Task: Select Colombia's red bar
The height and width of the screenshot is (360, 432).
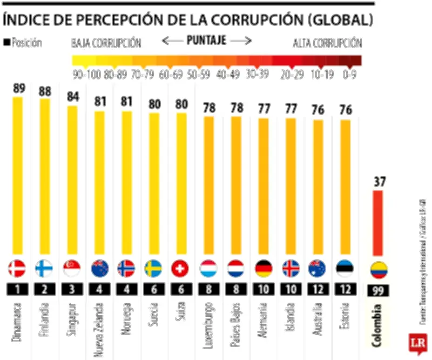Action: tap(377, 222)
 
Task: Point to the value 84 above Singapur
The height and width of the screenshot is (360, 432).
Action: tap(72, 98)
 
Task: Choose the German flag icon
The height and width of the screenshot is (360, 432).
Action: tap(264, 268)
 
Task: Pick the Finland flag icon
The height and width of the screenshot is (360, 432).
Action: tap(44, 268)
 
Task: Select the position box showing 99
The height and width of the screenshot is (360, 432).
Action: tap(377, 291)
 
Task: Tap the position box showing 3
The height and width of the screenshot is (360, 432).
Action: tap(71, 289)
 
